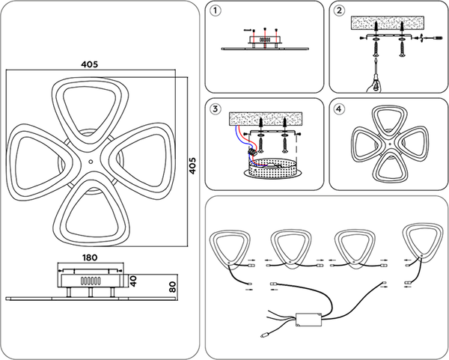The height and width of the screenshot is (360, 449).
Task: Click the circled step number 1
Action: point(216,11)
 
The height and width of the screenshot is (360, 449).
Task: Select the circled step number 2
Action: point(339,11)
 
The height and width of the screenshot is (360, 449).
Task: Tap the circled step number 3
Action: point(216,109)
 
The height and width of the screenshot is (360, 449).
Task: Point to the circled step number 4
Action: point(339,109)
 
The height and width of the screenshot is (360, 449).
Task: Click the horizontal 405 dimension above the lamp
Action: point(90,64)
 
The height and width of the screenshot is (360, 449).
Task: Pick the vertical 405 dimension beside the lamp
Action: point(193,165)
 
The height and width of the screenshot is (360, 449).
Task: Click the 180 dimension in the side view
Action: point(91,257)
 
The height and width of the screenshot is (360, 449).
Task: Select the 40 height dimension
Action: point(133,281)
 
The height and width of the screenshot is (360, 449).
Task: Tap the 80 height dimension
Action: point(172,287)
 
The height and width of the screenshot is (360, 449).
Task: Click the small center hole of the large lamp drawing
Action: point(91,162)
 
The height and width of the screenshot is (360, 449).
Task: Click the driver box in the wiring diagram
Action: point(308,320)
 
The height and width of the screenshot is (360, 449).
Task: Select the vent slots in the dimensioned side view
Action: point(91,281)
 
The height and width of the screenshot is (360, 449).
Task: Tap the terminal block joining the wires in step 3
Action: point(251,150)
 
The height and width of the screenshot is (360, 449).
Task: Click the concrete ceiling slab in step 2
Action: point(388,23)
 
